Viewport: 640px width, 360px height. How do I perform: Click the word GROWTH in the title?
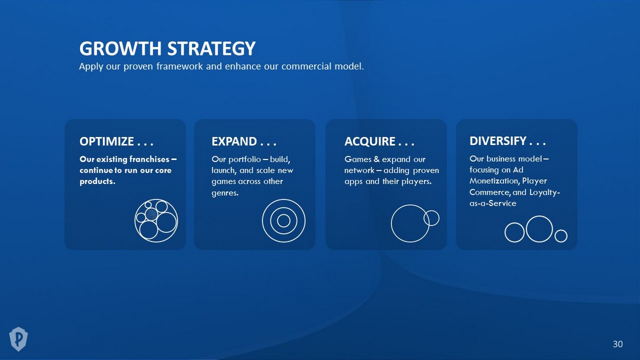[x=121, y=49]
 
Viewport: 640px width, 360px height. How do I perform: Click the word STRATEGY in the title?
[x=211, y=49]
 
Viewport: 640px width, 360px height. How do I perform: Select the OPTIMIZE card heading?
[x=116, y=141]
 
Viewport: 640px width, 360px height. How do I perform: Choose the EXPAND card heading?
[x=244, y=141]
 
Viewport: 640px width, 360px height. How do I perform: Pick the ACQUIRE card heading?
[x=379, y=141]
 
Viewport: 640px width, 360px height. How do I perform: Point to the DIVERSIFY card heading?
[x=507, y=141]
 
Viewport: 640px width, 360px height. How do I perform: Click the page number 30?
[x=618, y=343]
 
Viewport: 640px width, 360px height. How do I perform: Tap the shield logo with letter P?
[x=18, y=339]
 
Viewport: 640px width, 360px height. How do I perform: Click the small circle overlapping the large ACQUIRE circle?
[x=431, y=211]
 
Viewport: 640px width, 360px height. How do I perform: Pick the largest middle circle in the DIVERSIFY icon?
[x=539, y=216]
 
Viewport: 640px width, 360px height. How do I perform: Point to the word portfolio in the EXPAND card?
[x=245, y=159]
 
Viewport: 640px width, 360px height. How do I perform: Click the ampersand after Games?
[x=377, y=159]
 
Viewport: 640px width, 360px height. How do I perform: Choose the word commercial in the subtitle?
[x=307, y=66]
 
